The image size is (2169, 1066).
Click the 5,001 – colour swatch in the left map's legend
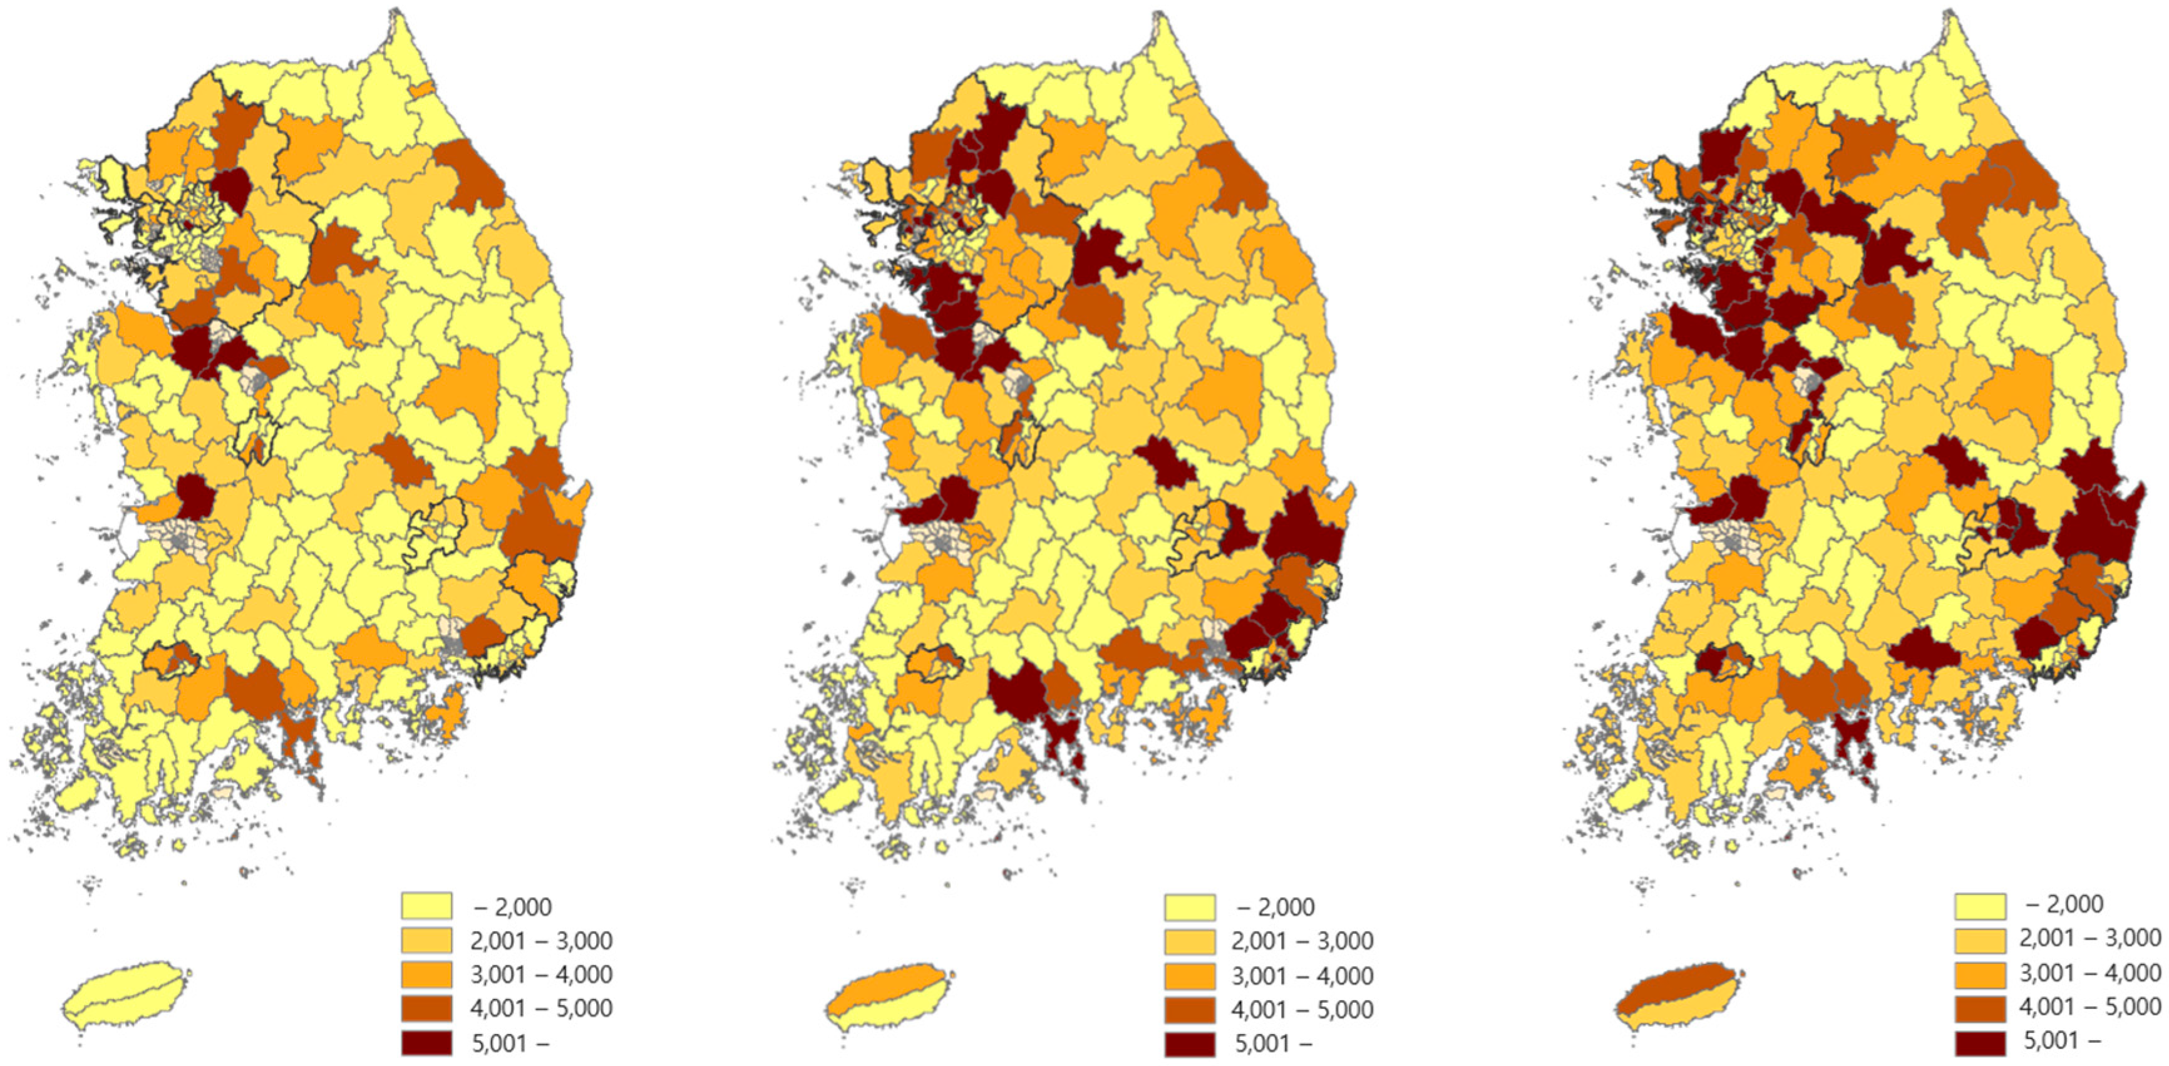tap(426, 1042)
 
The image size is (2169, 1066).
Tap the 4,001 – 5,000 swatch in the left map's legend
tap(426, 1008)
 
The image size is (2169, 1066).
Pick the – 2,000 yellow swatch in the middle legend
tap(1190, 907)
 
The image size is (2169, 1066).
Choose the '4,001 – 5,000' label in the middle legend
tap(1302, 1009)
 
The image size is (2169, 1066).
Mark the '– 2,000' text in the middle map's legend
tap(1275, 907)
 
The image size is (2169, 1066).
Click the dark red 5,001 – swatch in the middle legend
tap(1190, 1043)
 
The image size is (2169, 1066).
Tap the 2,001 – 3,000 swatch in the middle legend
tap(1190, 941)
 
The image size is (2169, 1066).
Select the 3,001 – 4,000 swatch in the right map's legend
tap(1979, 973)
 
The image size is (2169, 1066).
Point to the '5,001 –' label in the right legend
tap(2062, 1041)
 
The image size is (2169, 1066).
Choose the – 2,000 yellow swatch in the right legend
tap(1979, 905)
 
